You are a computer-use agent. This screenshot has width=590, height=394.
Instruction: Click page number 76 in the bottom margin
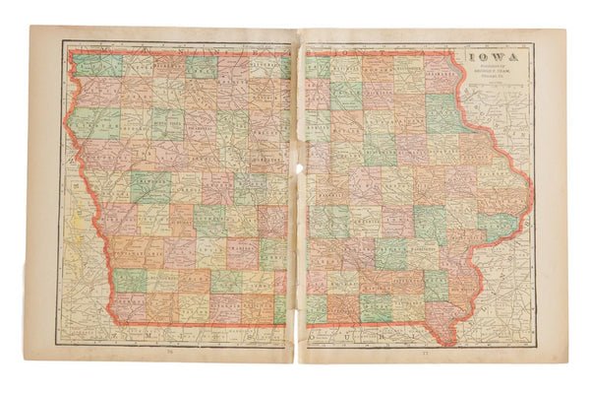coord(169,351)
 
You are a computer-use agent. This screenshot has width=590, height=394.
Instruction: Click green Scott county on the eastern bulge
coord(498,225)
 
